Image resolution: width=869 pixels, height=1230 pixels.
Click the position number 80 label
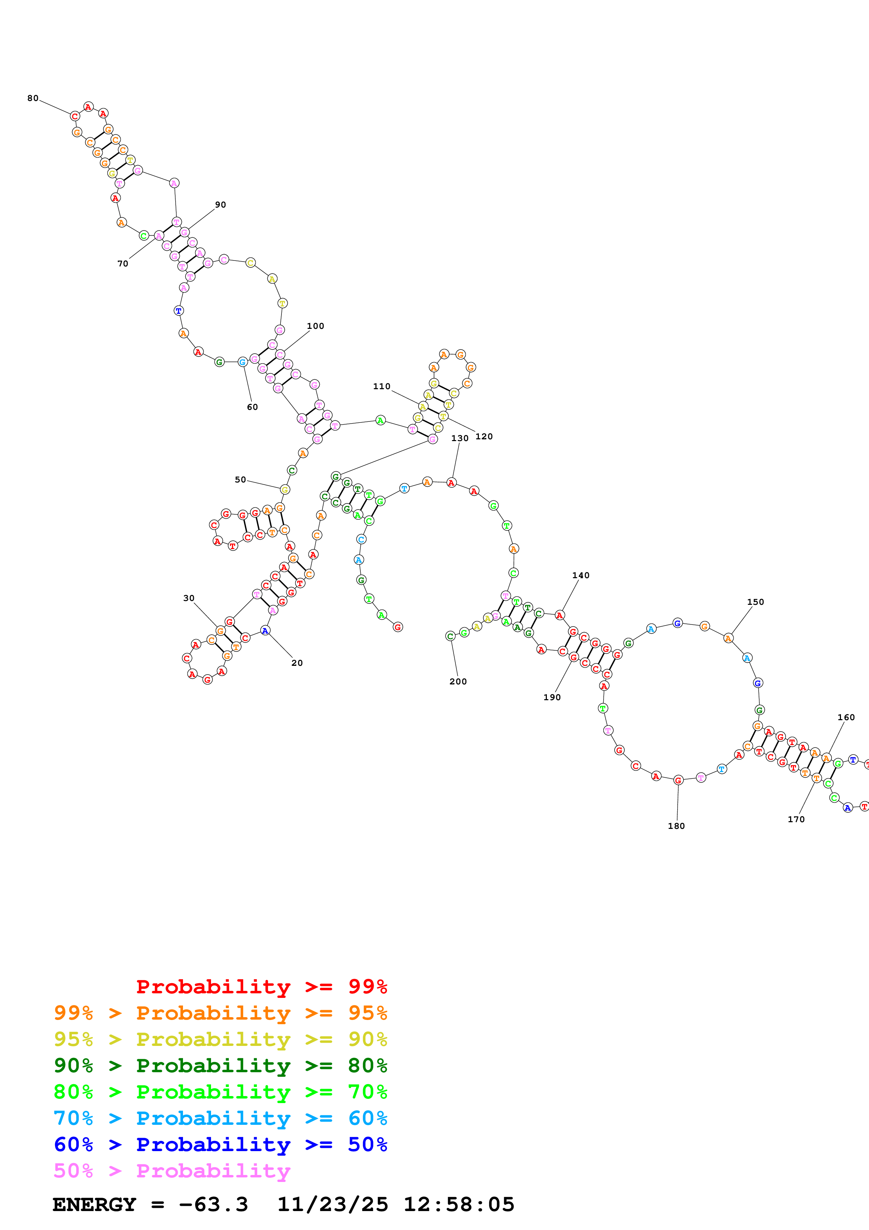coord(33,98)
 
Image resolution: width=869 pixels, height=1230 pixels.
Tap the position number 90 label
coord(220,205)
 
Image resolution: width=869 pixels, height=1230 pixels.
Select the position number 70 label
coord(123,264)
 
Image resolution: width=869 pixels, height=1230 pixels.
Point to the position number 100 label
coord(315,326)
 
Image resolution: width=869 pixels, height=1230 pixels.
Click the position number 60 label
coord(252,407)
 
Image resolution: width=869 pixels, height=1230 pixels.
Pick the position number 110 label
coord(382,386)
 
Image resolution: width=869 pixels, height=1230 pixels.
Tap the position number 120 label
coord(484,437)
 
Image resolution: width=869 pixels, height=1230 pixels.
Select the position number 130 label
coord(460,438)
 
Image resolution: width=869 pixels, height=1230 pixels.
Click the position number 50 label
coord(240,479)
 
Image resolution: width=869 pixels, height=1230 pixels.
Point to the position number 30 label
coord(189,598)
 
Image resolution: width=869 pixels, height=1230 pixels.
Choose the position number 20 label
coord(297,663)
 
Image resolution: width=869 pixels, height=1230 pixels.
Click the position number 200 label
coord(458,681)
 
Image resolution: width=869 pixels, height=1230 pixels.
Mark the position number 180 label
coord(676,826)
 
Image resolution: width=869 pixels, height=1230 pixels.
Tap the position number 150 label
coord(755,602)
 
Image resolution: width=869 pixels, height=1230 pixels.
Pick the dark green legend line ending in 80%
coord(220,1065)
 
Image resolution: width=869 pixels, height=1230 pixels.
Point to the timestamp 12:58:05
coord(459,1204)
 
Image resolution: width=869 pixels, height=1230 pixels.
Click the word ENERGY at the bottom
coord(94,1204)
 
